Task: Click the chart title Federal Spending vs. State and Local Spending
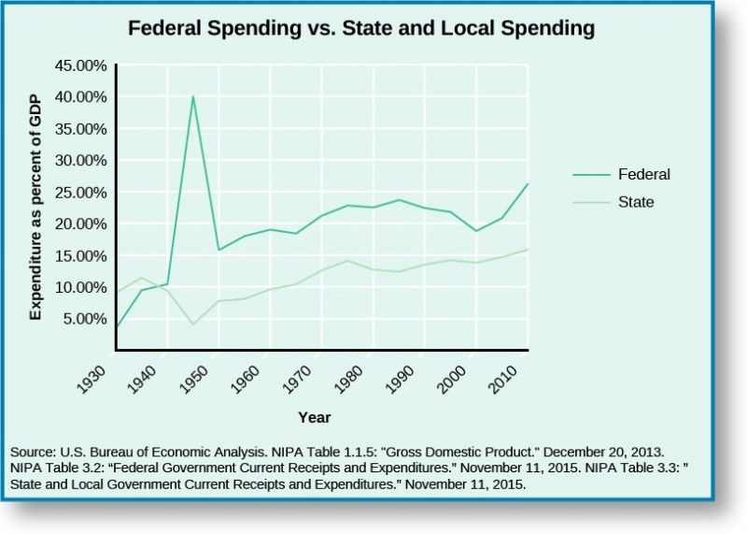(360, 29)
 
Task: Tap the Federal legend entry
(643, 174)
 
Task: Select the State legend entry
(636, 201)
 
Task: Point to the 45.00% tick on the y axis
(78, 65)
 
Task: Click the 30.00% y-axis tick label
(78, 160)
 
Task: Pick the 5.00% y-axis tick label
(82, 318)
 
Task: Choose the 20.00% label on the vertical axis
(78, 224)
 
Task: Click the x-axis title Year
(315, 417)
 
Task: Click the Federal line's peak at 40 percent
(193, 96)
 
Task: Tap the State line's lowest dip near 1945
(192, 325)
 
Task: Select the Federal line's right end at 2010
(528, 184)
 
